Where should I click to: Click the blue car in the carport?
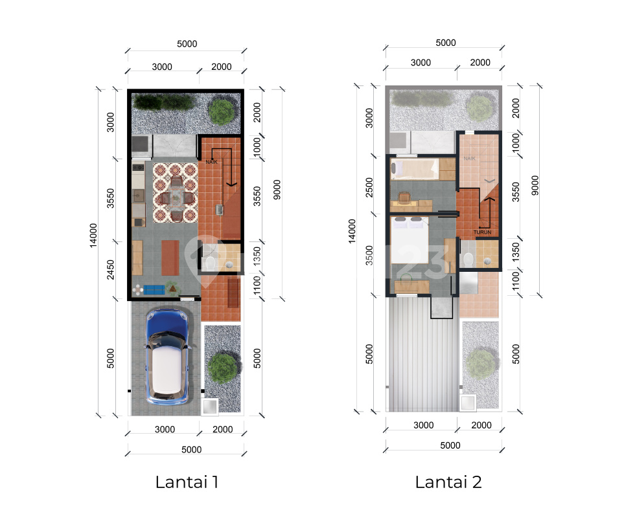tap(168, 357)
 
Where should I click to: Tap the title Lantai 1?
tap(187, 482)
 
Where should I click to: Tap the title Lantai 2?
tap(448, 482)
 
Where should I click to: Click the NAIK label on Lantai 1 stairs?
tap(211, 162)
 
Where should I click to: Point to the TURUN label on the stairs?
tap(482, 232)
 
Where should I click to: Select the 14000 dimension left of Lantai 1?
tap(93, 236)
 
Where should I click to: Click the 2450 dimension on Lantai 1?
tap(110, 269)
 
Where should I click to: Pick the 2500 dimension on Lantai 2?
tap(369, 187)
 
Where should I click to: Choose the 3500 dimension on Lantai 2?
tap(369, 255)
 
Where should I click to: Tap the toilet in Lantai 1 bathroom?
tap(209, 262)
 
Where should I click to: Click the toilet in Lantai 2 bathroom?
tap(468, 260)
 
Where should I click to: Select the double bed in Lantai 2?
tap(409, 240)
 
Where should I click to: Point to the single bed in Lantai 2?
tap(415, 169)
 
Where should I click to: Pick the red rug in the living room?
tap(170, 258)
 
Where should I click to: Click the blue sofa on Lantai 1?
tap(154, 290)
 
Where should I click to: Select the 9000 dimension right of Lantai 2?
tap(535, 186)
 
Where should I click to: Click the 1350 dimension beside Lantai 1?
tap(257, 256)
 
